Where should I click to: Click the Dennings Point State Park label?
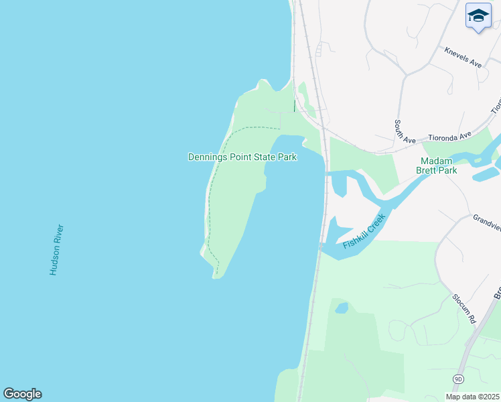pos(242,157)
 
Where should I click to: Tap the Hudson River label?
pos(56,249)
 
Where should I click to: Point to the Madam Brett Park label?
pos(439,165)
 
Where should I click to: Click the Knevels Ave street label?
pos(463,57)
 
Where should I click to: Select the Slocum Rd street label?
pos(463,309)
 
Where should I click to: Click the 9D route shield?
pos(458,379)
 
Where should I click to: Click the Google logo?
pos(22,394)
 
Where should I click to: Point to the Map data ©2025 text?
pos(473,397)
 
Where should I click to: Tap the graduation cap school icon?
pos(478,16)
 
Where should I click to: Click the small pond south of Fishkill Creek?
pos(342,308)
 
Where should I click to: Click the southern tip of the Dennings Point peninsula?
pos(216,275)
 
